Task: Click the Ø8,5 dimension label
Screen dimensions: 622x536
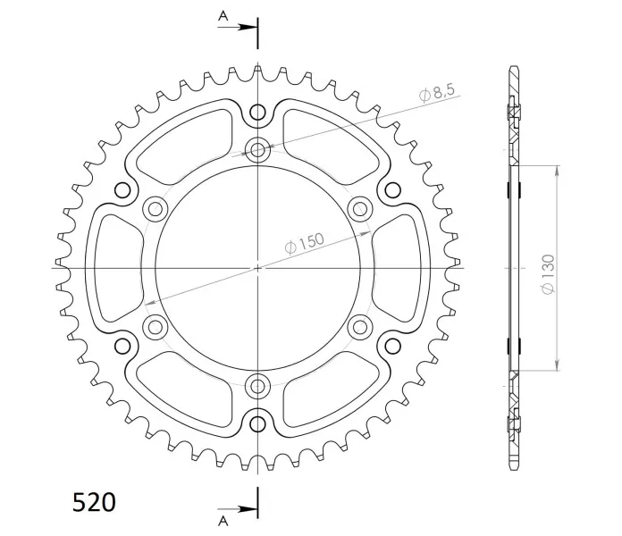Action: point(437,94)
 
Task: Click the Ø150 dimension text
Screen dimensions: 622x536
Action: point(304,243)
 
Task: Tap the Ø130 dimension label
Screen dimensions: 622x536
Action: point(548,274)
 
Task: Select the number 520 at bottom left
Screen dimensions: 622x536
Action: point(94,502)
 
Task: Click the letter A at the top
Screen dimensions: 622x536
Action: point(223,16)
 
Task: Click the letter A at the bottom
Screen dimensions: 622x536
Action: point(223,521)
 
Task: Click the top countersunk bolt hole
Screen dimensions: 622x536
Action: point(258,150)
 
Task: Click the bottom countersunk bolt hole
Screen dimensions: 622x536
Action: point(258,385)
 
